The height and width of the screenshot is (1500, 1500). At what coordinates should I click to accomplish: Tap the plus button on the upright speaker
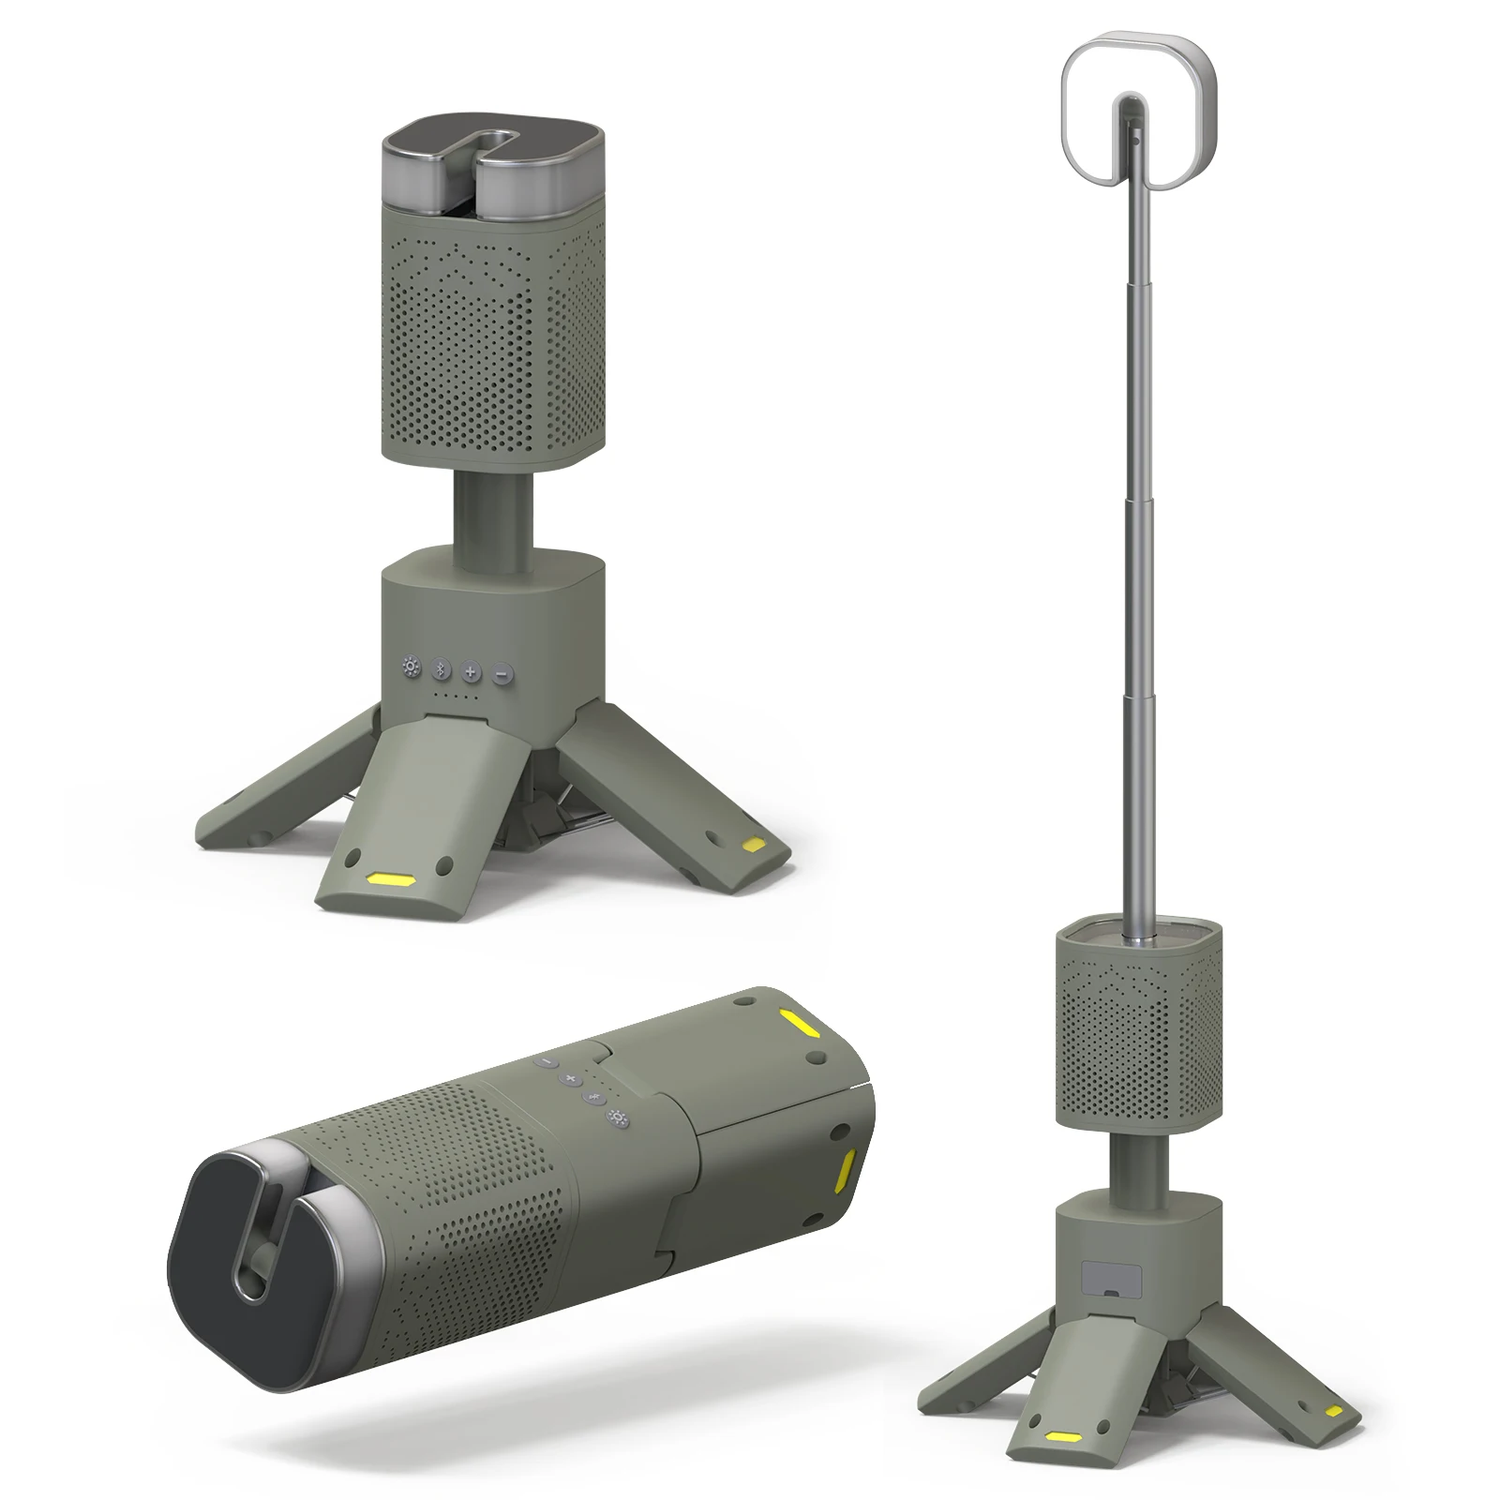tap(471, 671)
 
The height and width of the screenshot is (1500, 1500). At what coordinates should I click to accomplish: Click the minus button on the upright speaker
tap(502, 672)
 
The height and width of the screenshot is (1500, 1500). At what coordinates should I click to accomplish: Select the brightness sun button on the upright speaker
tap(410, 668)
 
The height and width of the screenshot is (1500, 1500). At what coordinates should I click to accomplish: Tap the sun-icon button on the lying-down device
tap(617, 1117)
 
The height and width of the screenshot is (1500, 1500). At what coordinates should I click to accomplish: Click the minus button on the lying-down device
tap(546, 1064)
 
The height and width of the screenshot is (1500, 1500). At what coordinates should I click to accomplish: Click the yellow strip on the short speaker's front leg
tap(392, 880)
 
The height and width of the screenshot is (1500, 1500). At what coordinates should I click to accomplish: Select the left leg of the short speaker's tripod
tap(272, 797)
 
